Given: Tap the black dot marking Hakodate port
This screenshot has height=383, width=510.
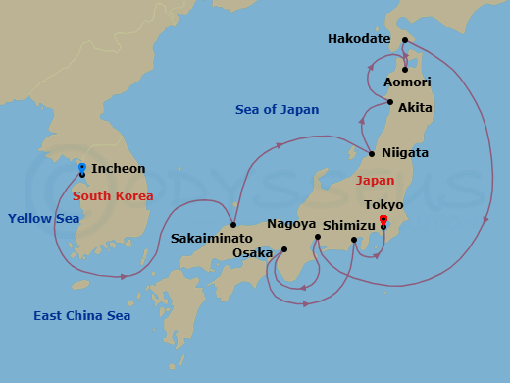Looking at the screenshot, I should pyautogui.click(x=404, y=41).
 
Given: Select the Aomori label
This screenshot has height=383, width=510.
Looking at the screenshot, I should pyautogui.click(x=407, y=82).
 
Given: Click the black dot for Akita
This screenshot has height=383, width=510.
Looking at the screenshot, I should pyautogui.click(x=390, y=102).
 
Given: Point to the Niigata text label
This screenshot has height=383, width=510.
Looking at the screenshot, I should pyautogui.click(x=405, y=154).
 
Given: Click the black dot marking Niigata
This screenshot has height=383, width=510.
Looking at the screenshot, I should pyautogui.click(x=372, y=154).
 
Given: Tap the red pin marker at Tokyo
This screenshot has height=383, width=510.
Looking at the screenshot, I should pyautogui.click(x=383, y=220).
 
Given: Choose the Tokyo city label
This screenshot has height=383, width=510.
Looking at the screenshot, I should pyautogui.click(x=382, y=204).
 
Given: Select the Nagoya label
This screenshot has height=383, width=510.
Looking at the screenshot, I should pyautogui.click(x=290, y=224).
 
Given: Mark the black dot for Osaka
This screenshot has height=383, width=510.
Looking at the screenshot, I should pyautogui.click(x=283, y=249).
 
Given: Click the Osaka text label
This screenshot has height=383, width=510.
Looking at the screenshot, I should pyautogui.click(x=252, y=252).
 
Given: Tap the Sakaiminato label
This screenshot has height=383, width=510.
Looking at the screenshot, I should pyautogui.click(x=211, y=238).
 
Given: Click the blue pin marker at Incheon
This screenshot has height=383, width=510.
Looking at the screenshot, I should pyautogui.click(x=81, y=168).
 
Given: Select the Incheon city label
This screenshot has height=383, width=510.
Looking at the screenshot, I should pyautogui.click(x=118, y=169).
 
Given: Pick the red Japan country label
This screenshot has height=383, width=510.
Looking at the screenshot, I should pyautogui.click(x=375, y=181).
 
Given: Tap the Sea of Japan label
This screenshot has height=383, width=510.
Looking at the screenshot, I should pyautogui.click(x=277, y=109).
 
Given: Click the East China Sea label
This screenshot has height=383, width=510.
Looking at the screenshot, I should pyautogui.click(x=81, y=315).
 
